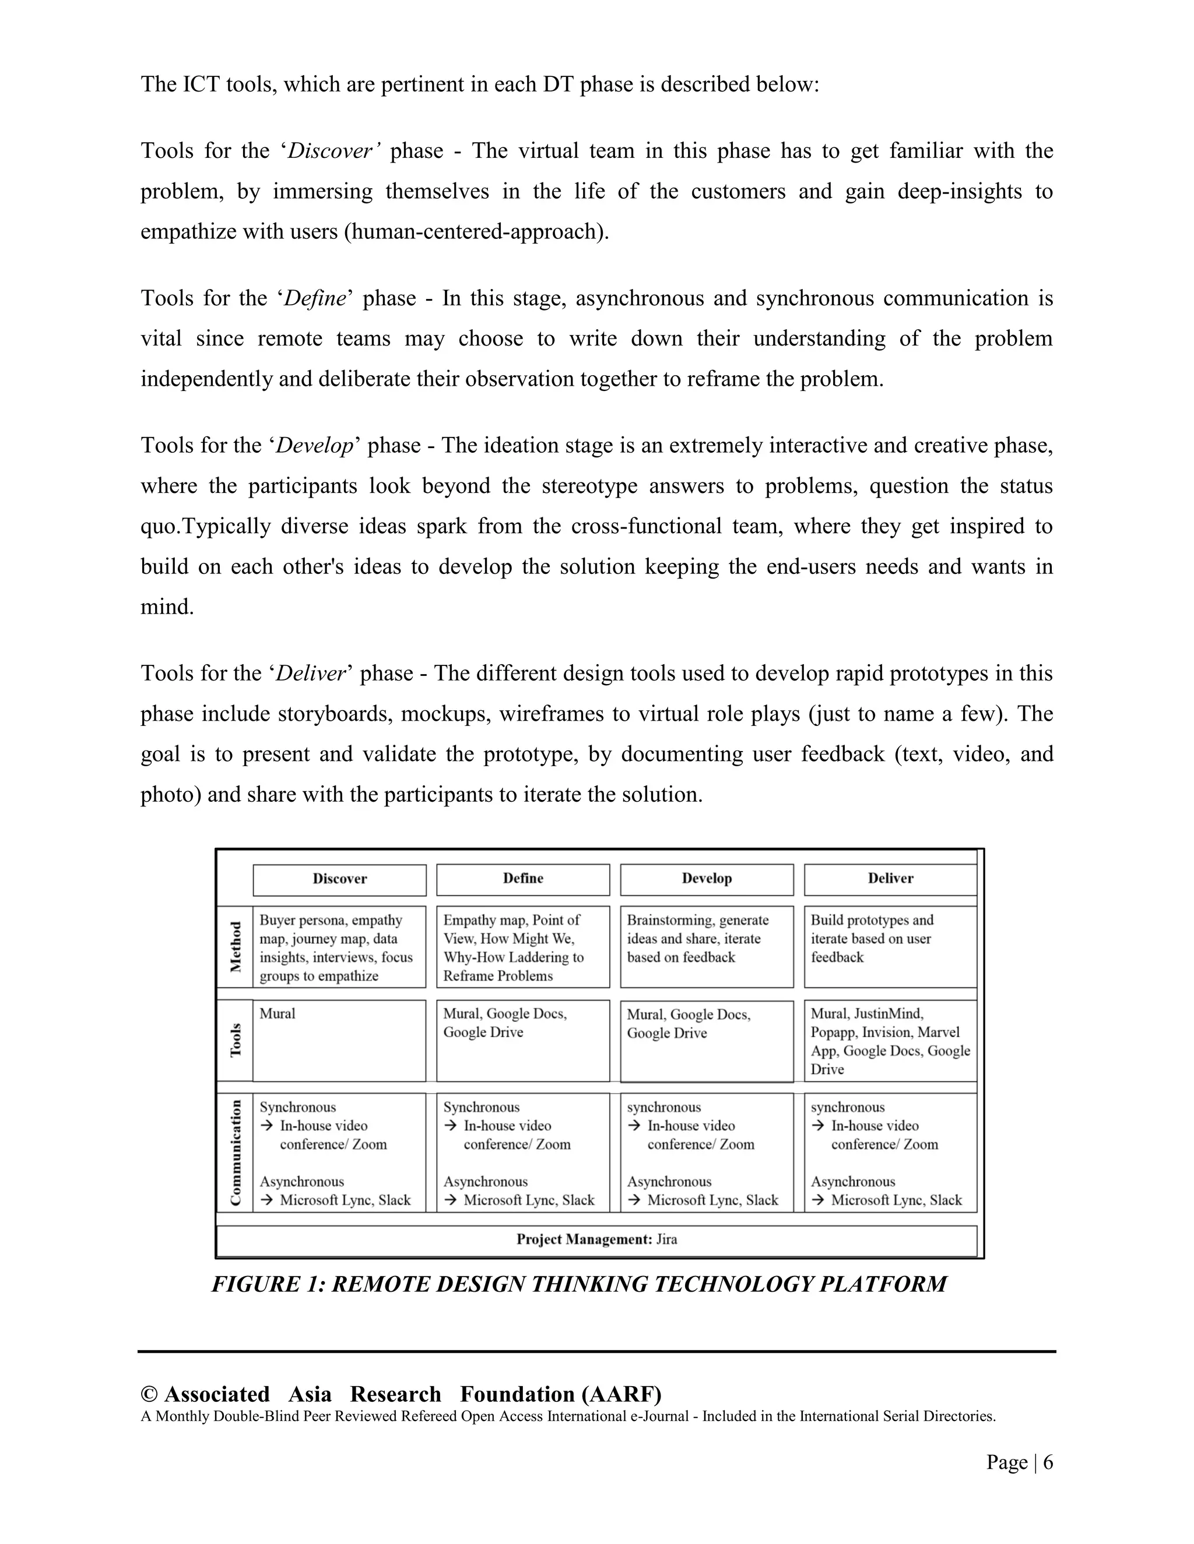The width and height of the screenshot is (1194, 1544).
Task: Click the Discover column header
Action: coord(339,879)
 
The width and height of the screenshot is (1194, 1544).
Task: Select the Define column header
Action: coord(523,879)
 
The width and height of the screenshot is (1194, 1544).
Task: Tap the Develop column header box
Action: coord(707,879)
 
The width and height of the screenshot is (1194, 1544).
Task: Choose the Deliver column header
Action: coord(891,879)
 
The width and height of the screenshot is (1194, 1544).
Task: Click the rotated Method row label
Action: coord(236,947)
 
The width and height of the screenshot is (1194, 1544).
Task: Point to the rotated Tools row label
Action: coord(236,1040)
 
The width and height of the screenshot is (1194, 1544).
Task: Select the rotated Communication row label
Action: coord(236,1153)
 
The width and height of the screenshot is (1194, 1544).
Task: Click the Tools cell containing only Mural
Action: coord(339,1040)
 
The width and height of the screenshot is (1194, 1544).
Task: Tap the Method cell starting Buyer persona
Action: coord(339,947)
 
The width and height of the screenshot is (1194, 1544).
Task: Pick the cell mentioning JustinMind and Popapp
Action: coord(891,1041)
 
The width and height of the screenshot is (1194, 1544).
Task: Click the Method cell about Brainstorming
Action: coord(707,947)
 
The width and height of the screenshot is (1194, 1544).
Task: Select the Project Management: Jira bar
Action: coord(596,1239)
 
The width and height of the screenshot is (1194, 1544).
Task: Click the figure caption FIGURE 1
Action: coord(578,1284)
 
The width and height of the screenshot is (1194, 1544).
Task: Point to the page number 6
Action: coord(1048,1462)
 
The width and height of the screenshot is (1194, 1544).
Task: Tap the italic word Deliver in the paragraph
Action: coord(310,673)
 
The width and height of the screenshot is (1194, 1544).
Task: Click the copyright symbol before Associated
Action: coord(149,1394)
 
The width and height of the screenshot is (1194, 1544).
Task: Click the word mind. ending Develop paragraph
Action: coord(167,607)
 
